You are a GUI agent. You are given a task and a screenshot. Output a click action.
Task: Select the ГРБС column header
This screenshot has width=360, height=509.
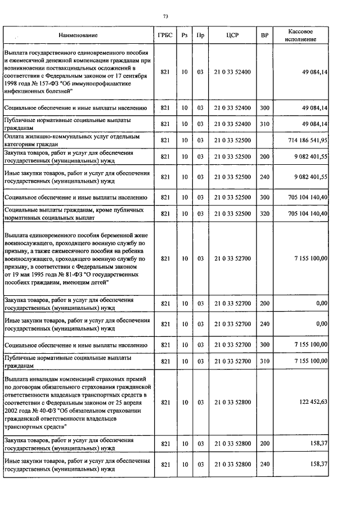tap(165, 35)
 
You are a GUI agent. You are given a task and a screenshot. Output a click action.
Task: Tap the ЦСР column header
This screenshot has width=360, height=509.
tap(232, 35)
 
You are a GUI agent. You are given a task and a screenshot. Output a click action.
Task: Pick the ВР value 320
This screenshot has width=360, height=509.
tap(265, 214)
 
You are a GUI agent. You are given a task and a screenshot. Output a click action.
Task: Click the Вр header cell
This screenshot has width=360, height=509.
tap(265, 35)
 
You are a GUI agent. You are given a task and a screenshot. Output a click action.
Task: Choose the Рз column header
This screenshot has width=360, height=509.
tap(184, 35)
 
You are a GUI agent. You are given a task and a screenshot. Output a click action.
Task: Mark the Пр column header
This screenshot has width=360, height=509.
tap(201, 35)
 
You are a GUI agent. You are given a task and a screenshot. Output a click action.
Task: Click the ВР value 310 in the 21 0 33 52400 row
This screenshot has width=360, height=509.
tap(265, 123)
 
